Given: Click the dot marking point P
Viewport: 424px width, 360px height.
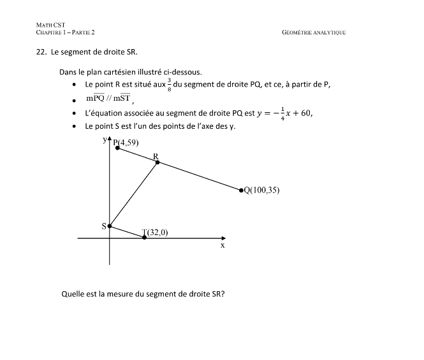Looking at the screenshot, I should tap(117, 148).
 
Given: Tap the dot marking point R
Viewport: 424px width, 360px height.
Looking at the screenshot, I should tap(157, 162).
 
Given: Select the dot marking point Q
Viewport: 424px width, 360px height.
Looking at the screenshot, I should tap(241, 190).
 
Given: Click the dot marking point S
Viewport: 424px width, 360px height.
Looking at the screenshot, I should tap(110, 226).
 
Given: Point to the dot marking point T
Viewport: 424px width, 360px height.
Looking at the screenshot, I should tap(144, 238).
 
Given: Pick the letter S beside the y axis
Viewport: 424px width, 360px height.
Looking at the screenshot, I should tap(104, 226).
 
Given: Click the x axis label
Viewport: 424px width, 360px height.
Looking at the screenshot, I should tap(223, 245).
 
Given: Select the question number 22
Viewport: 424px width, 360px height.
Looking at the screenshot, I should tap(41, 52).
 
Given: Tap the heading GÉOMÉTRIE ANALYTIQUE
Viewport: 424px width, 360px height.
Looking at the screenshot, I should tap(313, 32).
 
